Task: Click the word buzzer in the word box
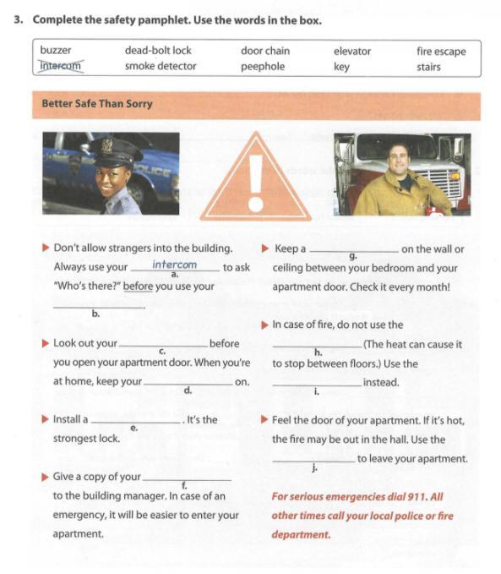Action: (56, 50)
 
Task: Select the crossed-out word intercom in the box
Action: (61, 66)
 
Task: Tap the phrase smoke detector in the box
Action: (161, 66)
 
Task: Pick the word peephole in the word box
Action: (263, 67)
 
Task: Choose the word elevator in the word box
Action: (352, 52)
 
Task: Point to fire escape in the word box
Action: (441, 52)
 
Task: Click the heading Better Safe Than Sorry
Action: (97, 104)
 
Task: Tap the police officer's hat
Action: (116, 151)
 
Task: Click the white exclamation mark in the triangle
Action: (256, 183)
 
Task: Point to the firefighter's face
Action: (398, 158)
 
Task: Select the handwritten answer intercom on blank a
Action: (175, 265)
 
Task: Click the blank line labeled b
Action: (99, 308)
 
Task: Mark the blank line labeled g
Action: (354, 251)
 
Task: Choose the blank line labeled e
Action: (136, 423)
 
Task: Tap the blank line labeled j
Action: (313, 462)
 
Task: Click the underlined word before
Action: (138, 287)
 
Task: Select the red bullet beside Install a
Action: (46, 419)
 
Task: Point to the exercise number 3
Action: (19, 19)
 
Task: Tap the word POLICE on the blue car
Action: (153, 171)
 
